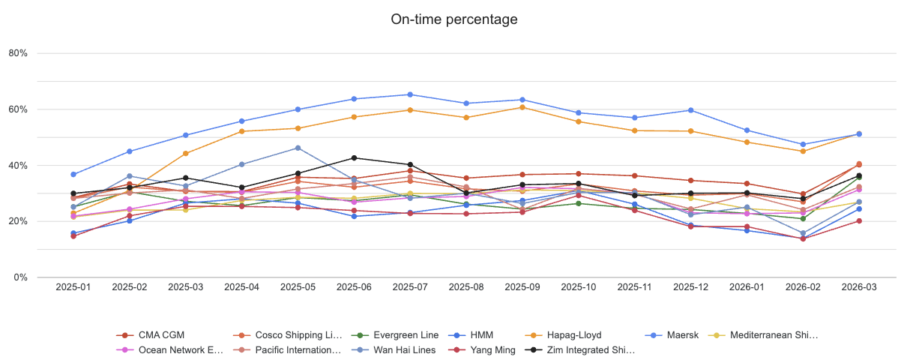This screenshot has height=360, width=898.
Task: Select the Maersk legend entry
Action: coord(683,335)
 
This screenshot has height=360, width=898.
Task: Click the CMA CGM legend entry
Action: coord(162,335)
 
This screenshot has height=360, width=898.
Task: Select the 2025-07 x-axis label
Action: coord(410,286)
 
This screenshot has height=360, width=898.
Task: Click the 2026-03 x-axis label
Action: coord(859,286)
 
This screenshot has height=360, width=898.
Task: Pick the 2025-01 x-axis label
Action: coord(73,286)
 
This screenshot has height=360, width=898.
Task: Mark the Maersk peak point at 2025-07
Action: coord(410,94)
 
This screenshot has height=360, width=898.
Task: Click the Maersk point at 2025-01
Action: coord(73,175)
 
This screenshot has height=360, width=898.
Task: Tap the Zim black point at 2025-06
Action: coord(354,157)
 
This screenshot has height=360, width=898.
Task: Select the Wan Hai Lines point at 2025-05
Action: coord(298,148)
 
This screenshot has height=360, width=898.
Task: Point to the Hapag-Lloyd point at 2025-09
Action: coord(522,107)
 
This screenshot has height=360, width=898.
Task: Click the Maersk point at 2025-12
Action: coord(690,110)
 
